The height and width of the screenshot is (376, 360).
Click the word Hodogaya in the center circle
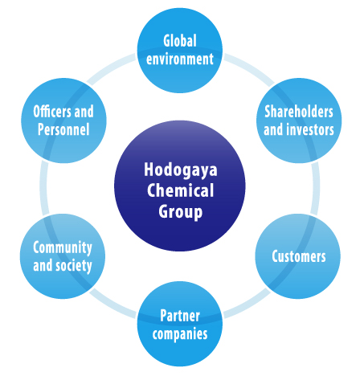pos(181,170)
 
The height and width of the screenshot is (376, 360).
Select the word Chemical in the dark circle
pos(180,190)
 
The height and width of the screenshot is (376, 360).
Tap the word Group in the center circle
pos(180,212)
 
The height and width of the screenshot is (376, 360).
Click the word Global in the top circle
pos(180,40)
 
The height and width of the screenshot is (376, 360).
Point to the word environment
pos(180,59)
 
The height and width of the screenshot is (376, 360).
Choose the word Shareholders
pos(299,112)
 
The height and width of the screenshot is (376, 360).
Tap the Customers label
pos(299,256)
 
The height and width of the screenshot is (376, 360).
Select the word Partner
pos(180,316)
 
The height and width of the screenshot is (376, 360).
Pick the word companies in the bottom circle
pos(180,334)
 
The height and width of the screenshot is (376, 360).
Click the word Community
pos(63,247)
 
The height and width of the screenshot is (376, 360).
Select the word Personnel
pos(63,129)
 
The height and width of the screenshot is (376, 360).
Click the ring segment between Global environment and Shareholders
pos(249,68)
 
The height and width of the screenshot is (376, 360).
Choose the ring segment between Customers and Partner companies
pos(247,304)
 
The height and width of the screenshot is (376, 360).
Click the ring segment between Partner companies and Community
pos(112,304)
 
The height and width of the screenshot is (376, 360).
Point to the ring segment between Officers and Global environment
pos(111,68)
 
